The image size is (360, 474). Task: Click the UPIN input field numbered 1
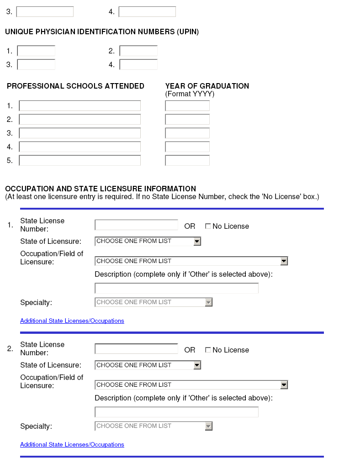(x=36, y=51)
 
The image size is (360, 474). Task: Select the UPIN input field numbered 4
(x=138, y=65)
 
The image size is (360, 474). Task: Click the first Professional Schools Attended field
(x=79, y=106)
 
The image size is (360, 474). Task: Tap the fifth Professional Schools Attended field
(x=79, y=161)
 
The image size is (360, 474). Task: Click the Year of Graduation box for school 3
(x=187, y=133)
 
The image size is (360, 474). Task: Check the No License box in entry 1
(x=208, y=226)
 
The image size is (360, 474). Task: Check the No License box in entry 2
(x=208, y=350)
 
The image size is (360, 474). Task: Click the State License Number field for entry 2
(x=136, y=349)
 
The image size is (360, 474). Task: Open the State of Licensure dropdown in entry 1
(x=148, y=241)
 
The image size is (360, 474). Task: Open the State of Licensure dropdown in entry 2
(x=148, y=365)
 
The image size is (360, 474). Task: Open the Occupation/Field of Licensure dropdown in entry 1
(x=191, y=261)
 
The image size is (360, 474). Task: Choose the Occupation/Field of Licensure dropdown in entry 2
(x=191, y=385)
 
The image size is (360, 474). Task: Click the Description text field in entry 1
(x=176, y=289)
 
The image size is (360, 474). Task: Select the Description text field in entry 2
(x=176, y=412)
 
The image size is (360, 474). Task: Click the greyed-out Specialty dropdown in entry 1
(x=154, y=302)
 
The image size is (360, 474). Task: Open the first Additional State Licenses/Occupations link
(x=72, y=321)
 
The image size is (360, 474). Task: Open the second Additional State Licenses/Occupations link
(x=72, y=445)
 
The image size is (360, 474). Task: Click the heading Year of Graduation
(x=207, y=86)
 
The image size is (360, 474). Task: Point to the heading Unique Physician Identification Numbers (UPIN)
(x=102, y=32)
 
